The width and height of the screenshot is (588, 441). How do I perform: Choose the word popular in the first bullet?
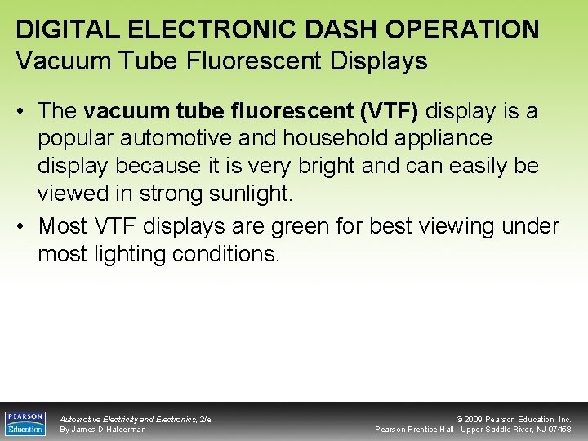click(x=79, y=138)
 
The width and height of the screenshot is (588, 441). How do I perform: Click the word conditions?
click(x=225, y=254)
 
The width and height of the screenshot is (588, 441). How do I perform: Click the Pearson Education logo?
click(x=24, y=422)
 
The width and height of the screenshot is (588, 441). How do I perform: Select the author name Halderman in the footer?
click(x=126, y=430)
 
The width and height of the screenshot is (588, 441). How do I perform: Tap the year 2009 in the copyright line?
click(x=477, y=419)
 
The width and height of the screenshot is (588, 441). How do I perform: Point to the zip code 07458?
click(x=559, y=430)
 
